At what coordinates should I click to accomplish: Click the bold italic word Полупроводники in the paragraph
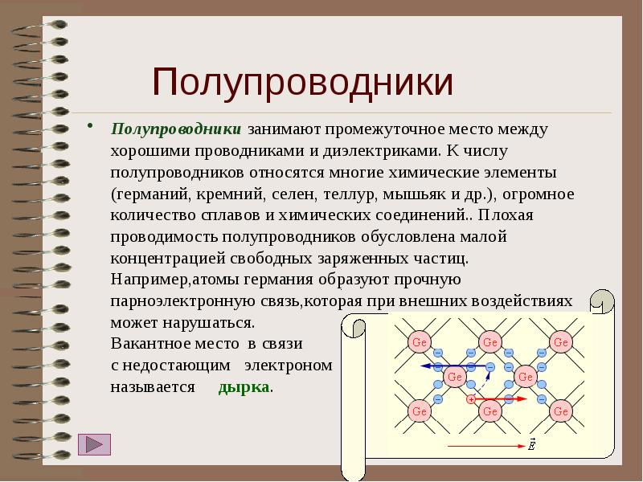point(176,129)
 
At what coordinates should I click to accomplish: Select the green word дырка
point(244,386)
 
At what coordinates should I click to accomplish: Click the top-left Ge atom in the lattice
point(419,341)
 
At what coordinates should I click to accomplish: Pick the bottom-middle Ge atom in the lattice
point(489,411)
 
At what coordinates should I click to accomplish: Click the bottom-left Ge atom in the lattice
point(419,411)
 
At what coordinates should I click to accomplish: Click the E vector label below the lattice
point(531,443)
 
